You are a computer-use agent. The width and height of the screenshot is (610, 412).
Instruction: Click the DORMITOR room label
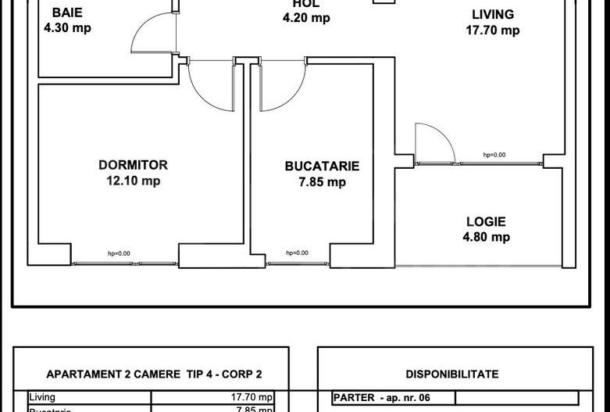tap(133, 165)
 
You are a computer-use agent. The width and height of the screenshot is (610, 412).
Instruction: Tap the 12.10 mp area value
tap(133, 181)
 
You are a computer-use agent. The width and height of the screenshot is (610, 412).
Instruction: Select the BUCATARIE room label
tap(322, 166)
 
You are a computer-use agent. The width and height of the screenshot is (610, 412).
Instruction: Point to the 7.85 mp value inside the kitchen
tap(322, 182)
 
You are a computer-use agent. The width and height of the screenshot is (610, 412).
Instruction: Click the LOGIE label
tap(486, 221)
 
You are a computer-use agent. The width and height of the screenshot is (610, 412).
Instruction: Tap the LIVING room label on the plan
tap(493, 14)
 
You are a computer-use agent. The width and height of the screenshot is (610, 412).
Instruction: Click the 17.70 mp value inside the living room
tap(493, 30)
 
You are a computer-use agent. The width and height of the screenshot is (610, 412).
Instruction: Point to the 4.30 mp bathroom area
tap(70, 28)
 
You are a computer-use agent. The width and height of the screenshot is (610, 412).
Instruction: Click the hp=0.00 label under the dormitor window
tap(119, 253)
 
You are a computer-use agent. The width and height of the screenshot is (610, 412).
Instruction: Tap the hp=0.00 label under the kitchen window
tap(297, 253)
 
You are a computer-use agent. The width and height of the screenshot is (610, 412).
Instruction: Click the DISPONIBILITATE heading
tap(451, 374)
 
